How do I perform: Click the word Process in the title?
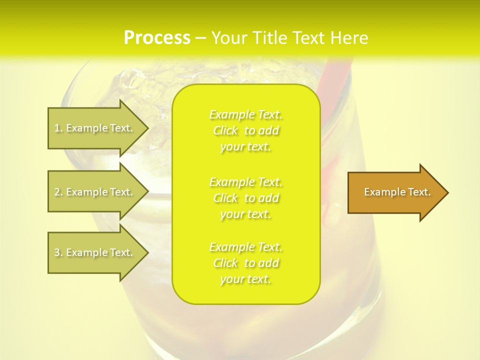point(157,38)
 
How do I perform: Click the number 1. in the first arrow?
point(58,128)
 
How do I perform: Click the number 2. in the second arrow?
point(58,192)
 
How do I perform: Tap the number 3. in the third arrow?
point(58,252)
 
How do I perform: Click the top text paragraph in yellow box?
point(246,130)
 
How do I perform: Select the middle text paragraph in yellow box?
point(246,198)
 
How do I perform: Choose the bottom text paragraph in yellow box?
point(246,263)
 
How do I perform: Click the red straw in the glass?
point(333,90)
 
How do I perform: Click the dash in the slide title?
point(201,38)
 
